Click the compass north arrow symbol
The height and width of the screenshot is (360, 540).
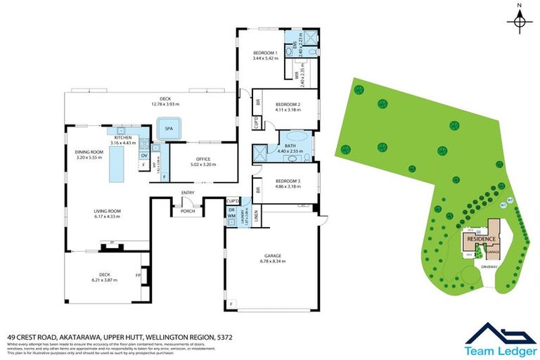click(519, 22)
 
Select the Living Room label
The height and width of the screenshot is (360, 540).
click(108, 213)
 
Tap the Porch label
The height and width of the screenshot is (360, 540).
click(188, 211)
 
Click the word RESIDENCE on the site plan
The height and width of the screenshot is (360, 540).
click(477, 239)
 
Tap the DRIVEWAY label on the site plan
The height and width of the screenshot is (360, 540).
click(490, 266)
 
